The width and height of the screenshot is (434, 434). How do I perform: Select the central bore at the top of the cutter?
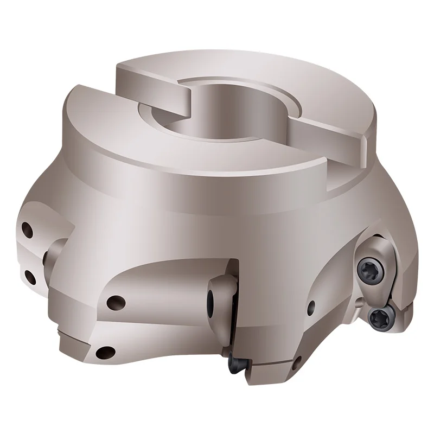[203, 117]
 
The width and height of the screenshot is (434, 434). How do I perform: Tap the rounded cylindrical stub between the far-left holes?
[54, 255]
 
